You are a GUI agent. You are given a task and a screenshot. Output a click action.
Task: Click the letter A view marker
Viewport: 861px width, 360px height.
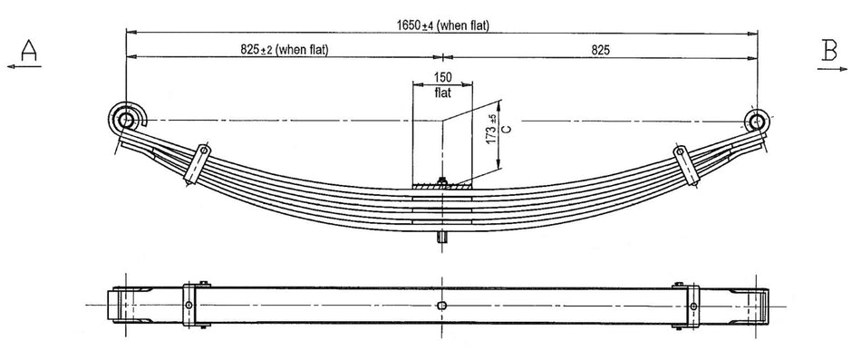pos(28,51)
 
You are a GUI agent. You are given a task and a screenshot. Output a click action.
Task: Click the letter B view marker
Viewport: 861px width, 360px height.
pos(828,51)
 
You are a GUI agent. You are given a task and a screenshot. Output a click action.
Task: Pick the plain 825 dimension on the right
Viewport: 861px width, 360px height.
pos(601,50)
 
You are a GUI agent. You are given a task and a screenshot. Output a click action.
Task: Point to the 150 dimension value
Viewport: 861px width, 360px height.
pos(442,77)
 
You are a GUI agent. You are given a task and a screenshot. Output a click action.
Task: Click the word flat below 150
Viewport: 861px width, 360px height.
pos(442,91)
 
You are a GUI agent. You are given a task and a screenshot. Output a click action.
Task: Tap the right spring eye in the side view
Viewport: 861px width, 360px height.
pos(758,121)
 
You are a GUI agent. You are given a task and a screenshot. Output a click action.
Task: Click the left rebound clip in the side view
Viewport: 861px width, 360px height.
pos(197,163)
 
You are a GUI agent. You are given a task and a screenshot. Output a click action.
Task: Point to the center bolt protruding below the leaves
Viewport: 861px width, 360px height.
pos(441,238)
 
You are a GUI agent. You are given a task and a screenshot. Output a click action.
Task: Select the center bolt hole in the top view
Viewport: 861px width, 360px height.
pos(440,306)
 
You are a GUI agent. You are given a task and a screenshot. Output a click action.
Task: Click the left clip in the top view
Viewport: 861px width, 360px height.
pos(189,305)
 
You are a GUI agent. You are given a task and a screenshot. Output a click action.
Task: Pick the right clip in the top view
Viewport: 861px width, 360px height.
pos(693,305)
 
